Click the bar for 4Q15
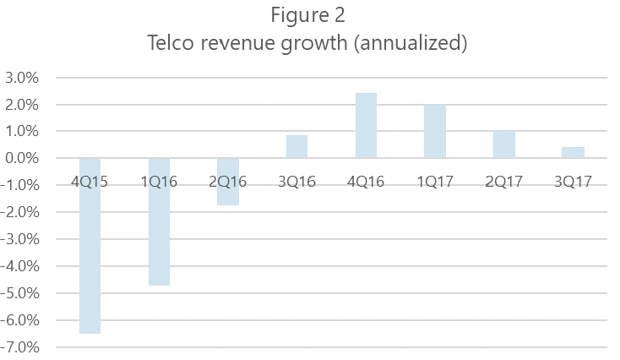coord(90,254)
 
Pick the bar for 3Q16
coord(296,147)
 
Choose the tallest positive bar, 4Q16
coord(366,125)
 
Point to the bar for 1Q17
coord(435,132)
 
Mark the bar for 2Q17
coord(504,145)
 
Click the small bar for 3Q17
coord(573,153)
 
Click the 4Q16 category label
coord(366,181)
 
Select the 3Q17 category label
coord(573,181)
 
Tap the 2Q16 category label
coord(228,181)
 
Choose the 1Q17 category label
coord(435,181)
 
